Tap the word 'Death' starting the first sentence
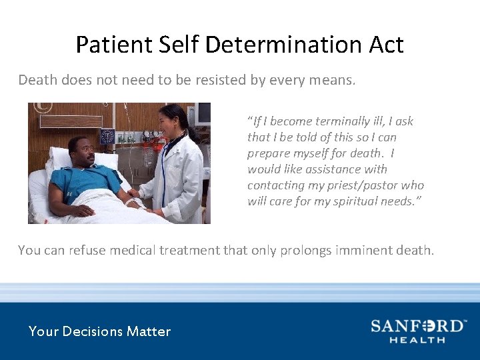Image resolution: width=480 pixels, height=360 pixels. pos(37,81)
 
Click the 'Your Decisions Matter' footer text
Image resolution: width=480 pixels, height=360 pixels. pos(99,331)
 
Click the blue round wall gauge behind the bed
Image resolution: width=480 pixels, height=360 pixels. pos(107,137)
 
